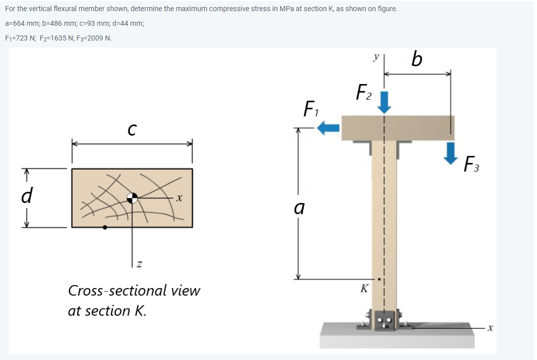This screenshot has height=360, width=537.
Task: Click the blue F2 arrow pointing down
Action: pos(385,103)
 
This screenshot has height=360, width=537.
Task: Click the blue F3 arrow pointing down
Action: pos(450,153)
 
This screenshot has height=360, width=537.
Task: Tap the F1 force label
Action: pos(309,109)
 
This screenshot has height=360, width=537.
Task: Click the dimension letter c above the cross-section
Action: pos(131,130)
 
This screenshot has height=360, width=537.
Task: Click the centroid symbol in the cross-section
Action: pos(132,198)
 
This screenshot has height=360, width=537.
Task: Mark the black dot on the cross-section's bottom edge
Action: pos(105,227)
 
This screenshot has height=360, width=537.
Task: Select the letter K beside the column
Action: pos(363,289)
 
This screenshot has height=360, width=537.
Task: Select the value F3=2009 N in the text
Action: pos(95,38)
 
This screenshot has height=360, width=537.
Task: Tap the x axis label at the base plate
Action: pos(489,329)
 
